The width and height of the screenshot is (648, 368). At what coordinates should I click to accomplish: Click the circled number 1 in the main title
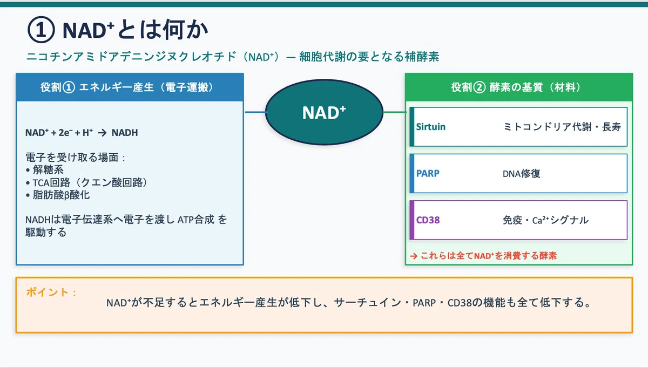click(x=41, y=30)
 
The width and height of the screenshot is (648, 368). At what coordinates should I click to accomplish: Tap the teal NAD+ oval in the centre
click(x=325, y=112)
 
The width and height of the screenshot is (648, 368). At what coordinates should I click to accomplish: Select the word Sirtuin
click(x=431, y=127)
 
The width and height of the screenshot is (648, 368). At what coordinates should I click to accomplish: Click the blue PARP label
click(x=428, y=173)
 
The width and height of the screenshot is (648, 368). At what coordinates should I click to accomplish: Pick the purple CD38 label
click(x=428, y=220)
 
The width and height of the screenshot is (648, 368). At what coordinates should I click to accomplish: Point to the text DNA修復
click(x=521, y=173)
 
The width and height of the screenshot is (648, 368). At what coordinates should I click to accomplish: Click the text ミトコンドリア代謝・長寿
click(x=562, y=127)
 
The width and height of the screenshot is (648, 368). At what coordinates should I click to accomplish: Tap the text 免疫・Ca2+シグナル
click(x=545, y=220)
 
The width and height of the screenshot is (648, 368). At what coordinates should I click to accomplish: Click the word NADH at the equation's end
click(x=125, y=133)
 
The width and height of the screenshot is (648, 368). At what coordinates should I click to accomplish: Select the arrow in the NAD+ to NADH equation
click(x=103, y=133)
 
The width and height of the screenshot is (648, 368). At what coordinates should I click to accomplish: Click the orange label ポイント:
click(x=51, y=292)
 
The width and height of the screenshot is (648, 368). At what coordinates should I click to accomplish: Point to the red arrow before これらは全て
click(x=414, y=256)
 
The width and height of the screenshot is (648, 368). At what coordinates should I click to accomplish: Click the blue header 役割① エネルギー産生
click(x=127, y=87)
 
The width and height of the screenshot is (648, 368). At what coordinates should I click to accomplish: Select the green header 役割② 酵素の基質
click(x=516, y=87)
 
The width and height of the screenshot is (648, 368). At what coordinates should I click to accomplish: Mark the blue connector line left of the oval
click(x=256, y=112)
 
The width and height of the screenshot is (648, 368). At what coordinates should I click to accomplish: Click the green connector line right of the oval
click(x=394, y=112)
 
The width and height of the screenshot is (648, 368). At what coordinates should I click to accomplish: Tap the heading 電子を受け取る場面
click(x=75, y=158)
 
